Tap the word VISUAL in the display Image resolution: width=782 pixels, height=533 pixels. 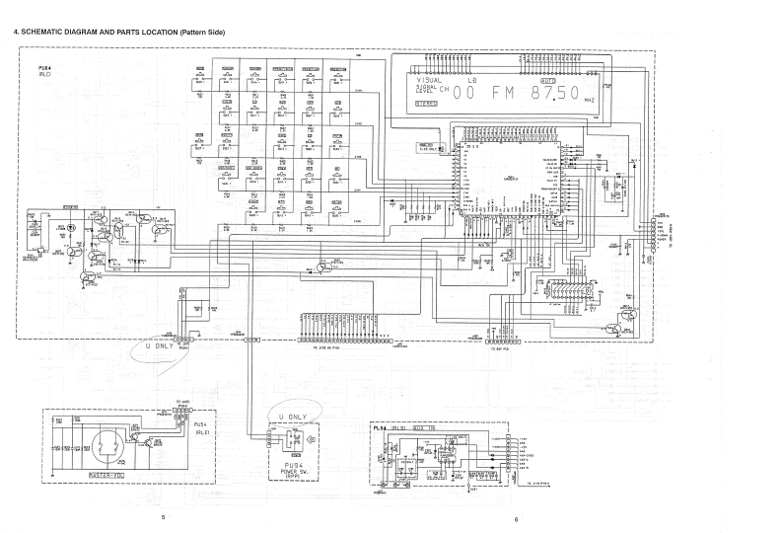click(430, 78)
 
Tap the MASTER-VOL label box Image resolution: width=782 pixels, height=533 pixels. click(106, 480)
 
